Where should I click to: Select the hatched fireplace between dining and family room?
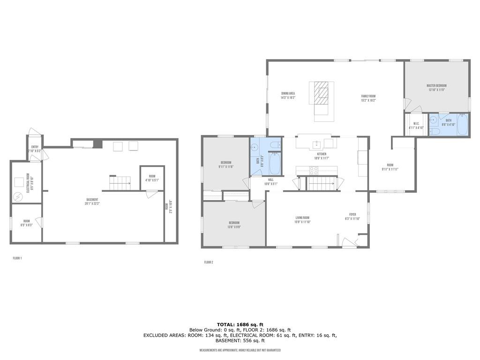point(322,93)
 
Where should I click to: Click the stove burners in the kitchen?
point(313,170)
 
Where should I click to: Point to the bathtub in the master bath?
point(463,125)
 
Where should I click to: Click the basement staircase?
point(120,183)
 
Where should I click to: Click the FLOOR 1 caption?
point(17,258)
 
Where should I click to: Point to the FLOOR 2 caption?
point(209,262)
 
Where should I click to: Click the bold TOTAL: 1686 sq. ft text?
point(240,324)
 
